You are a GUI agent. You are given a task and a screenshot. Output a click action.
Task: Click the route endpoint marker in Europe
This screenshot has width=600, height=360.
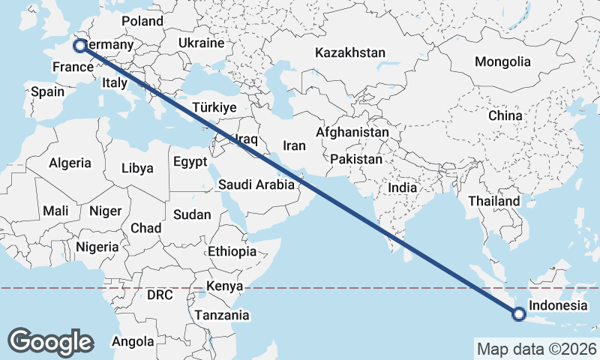pyautogui.click(x=79, y=46)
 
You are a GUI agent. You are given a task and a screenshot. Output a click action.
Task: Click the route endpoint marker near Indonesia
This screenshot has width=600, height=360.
pyautogui.click(x=518, y=314)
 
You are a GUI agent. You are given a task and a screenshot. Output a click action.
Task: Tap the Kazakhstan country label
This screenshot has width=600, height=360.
pyautogui.click(x=349, y=53)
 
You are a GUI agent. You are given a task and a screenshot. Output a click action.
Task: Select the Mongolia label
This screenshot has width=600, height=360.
pyautogui.click(x=502, y=62)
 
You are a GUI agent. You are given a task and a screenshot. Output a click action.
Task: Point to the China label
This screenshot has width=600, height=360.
pyautogui.click(x=505, y=116)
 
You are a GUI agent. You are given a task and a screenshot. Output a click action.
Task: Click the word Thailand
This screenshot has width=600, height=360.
pyautogui.click(x=493, y=201)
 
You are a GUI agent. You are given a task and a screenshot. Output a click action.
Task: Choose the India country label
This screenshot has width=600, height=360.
pyautogui.click(x=402, y=187)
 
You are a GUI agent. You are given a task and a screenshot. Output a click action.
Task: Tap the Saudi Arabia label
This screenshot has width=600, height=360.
pyautogui.click(x=256, y=184)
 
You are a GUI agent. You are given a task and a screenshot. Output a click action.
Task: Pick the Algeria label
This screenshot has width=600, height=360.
pyautogui.click(x=70, y=163)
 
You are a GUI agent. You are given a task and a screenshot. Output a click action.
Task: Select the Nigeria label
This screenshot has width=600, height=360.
pyautogui.click(x=97, y=246)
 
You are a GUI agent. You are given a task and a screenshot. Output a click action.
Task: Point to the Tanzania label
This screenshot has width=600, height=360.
pyautogui.click(x=221, y=316)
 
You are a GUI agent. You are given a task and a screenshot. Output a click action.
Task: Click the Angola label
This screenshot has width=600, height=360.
pyautogui.click(x=132, y=341)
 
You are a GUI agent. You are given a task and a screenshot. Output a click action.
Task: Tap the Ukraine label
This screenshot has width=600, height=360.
pyautogui.click(x=201, y=43)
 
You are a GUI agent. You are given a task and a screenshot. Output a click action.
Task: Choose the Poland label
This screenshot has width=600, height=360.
pyautogui.click(x=142, y=22)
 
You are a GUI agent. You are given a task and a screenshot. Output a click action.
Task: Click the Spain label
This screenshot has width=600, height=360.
pyautogui.click(x=47, y=92)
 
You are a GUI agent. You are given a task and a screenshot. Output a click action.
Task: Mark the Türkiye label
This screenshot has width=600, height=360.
pyautogui.click(x=214, y=107)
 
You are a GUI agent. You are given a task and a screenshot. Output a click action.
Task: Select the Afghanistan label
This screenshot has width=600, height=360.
pyautogui.click(x=352, y=132)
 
